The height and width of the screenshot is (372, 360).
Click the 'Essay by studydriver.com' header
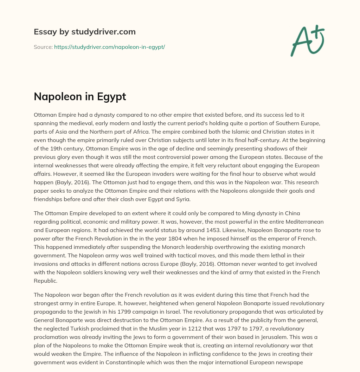[84, 32]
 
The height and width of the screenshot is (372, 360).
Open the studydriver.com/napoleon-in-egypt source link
[109, 47]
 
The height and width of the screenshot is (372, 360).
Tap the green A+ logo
[307, 40]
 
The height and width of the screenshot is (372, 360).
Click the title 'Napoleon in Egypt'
[80, 97]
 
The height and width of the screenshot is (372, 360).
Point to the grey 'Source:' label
[43, 47]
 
